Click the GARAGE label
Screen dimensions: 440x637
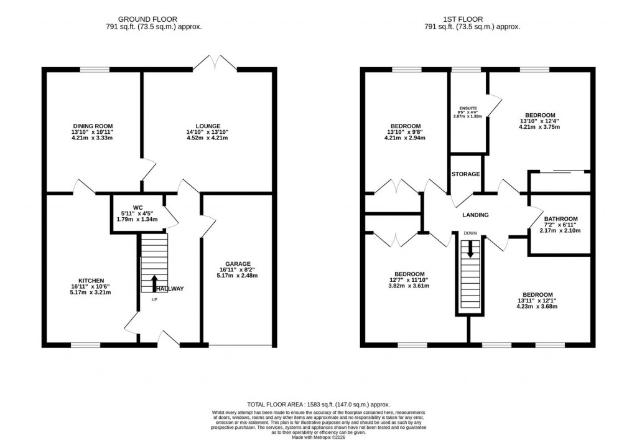(239, 264)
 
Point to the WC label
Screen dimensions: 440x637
(137, 208)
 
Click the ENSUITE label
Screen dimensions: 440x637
(467, 108)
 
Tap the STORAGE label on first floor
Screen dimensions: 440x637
(466, 174)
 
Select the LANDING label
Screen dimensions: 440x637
(475, 215)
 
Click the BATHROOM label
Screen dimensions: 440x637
(561, 219)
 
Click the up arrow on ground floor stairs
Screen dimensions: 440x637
(154, 283)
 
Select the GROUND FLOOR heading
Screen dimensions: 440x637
(156, 19)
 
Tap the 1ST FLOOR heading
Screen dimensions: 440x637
(472, 19)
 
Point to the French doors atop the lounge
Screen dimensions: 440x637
(215, 63)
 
